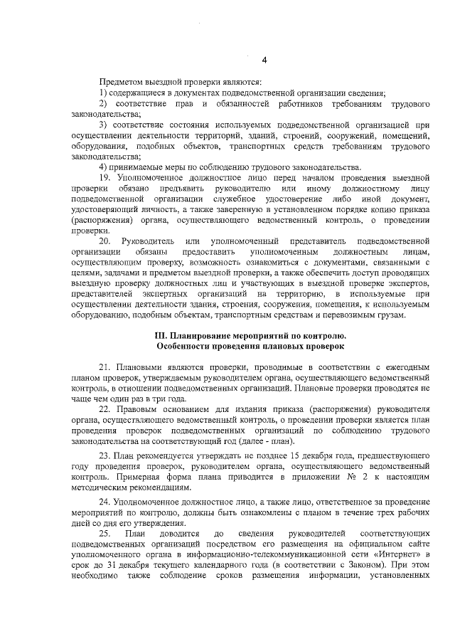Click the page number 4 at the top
[264, 59]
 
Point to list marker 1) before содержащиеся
[103, 94]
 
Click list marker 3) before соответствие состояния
[104, 125]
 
